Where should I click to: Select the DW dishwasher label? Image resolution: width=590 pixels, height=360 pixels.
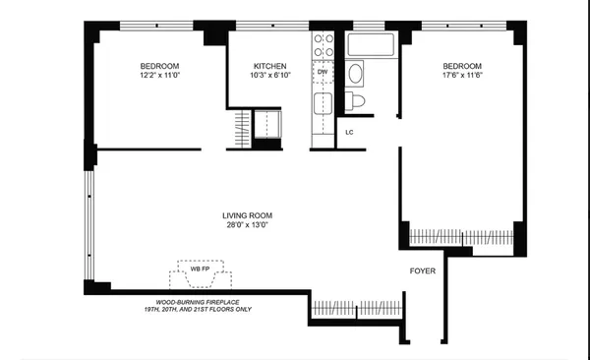point(323,72)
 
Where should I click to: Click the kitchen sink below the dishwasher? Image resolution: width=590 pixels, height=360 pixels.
point(323,104)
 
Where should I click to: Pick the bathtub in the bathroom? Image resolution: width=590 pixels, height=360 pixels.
point(372,44)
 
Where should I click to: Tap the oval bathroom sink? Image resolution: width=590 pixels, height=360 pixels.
point(356,73)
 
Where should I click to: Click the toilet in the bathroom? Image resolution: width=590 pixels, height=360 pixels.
point(357,100)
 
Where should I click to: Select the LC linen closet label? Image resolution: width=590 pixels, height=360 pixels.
point(349,131)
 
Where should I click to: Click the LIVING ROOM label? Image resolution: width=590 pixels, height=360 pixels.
point(246,214)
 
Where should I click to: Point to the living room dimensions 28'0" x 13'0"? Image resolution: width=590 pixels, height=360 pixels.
point(246,225)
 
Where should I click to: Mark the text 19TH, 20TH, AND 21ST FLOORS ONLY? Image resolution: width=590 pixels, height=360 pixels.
point(203,310)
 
